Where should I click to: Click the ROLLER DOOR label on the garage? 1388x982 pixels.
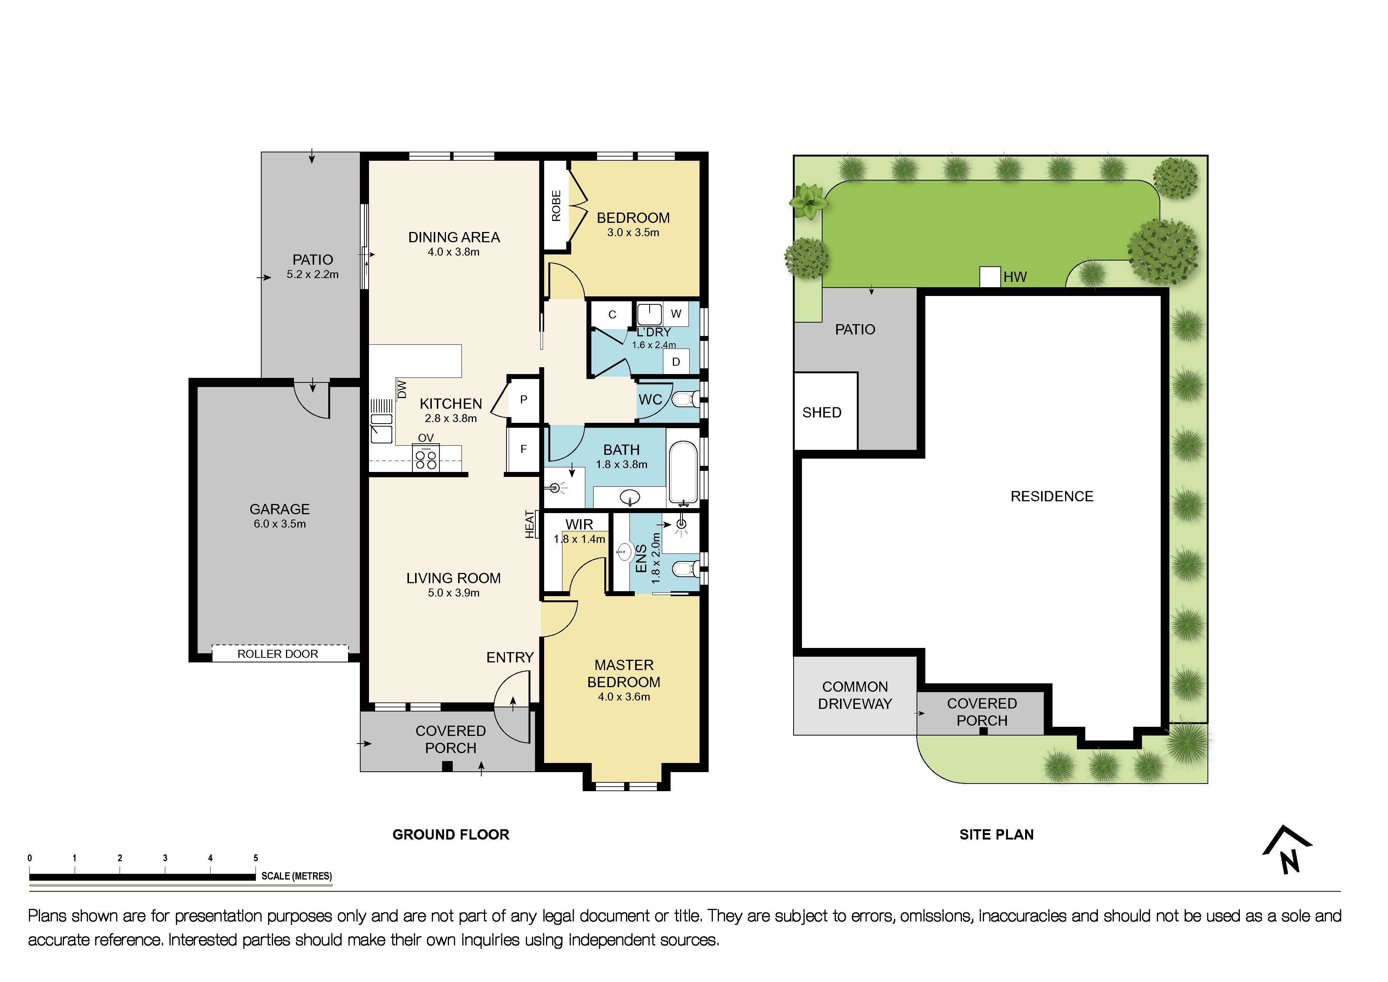(278, 654)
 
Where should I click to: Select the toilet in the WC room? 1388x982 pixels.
(685, 400)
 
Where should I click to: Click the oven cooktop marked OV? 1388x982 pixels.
(426, 458)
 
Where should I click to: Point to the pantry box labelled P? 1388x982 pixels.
(524, 400)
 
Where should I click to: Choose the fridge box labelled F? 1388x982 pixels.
(524, 449)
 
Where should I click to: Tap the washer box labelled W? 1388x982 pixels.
(676, 314)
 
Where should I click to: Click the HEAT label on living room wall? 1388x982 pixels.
(530, 524)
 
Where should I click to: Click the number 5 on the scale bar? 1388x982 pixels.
(256, 858)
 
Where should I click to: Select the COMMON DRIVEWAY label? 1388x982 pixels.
(855, 696)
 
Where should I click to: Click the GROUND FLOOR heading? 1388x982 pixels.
(450, 835)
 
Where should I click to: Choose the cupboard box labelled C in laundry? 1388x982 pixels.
(612, 314)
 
